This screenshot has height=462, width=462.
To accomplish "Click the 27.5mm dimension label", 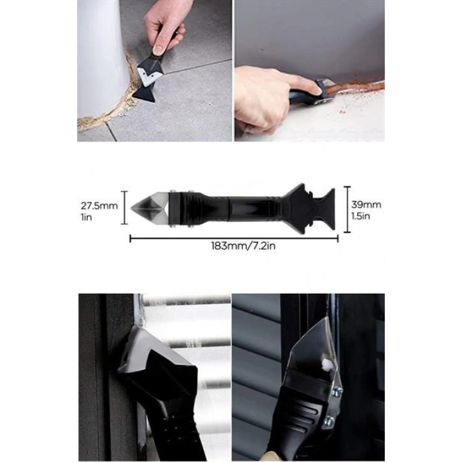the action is [99, 206].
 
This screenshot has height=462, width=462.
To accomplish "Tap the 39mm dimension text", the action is [366, 205].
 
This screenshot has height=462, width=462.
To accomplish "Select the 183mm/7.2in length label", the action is [244, 246].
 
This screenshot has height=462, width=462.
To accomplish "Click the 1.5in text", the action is [360, 216].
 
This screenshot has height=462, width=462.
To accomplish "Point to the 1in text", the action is [86, 217].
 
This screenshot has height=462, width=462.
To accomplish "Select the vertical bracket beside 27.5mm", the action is [125, 207].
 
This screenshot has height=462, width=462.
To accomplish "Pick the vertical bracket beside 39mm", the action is [347, 209].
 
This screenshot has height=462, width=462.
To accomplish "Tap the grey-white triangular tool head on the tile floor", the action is [149, 76].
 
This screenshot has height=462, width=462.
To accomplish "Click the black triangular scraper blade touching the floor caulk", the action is [145, 94].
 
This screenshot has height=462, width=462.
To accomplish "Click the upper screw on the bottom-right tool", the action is [337, 391].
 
